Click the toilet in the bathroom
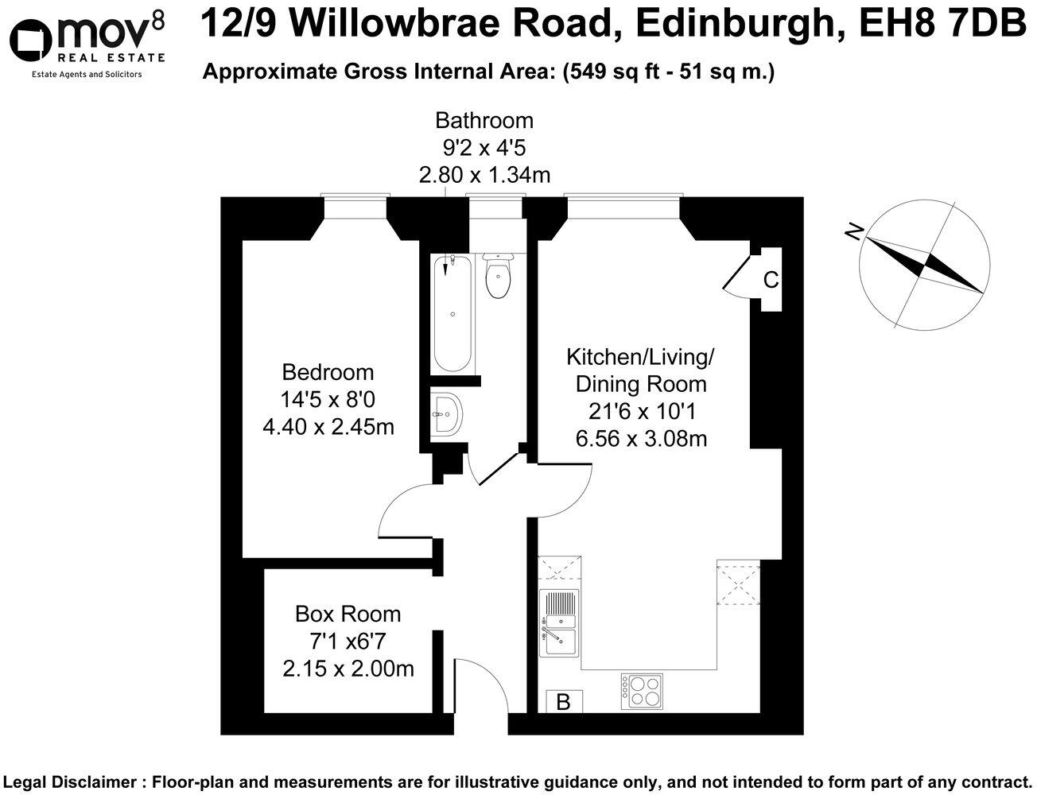(x=499, y=277)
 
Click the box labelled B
(x=564, y=703)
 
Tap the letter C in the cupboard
(x=771, y=280)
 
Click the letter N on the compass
(x=854, y=231)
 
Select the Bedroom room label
(x=328, y=372)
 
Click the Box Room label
(x=348, y=614)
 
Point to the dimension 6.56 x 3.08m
(x=641, y=438)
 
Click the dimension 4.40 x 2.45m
(x=328, y=427)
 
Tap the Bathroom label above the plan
(x=484, y=121)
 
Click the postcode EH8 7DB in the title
(x=943, y=23)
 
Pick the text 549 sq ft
(x=606, y=72)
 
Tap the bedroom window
(x=355, y=196)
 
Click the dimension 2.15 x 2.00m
(x=348, y=669)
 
